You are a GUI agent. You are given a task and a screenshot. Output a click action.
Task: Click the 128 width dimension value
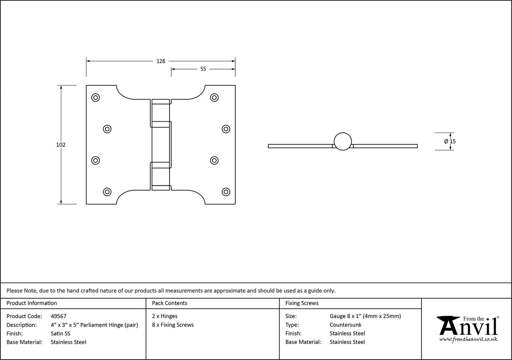(x=161, y=61)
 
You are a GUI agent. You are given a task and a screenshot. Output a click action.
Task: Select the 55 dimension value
(x=203, y=69)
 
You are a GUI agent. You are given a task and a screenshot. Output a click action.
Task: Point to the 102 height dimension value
(x=61, y=145)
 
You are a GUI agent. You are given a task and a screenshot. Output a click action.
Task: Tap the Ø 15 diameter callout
(x=450, y=141)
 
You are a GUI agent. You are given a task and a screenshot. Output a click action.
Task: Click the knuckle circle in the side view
(x=342, y=141)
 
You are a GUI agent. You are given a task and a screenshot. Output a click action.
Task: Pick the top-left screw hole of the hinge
(x=96, y=97)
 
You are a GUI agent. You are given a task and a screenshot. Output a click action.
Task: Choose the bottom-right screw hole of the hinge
(x=226, y=192)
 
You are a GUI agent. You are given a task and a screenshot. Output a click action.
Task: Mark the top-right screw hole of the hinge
(x=215, y=97)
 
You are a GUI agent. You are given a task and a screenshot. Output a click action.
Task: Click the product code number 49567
(x=58, y=316)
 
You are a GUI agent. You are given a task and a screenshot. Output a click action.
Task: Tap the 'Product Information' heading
(x=32, y=303)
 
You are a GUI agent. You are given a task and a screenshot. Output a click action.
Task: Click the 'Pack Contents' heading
(x=170, y=303)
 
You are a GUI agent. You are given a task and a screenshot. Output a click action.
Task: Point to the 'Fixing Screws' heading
(x=302, y=303)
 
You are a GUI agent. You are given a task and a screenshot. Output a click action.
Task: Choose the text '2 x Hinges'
(x=164, y=316)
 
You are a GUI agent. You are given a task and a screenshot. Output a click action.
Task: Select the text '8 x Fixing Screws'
(x=173, y=325)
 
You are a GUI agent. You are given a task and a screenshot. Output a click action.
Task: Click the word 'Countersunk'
(x=345, y=325)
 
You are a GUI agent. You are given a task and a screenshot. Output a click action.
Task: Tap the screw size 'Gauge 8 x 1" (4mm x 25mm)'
(x=365, y=316)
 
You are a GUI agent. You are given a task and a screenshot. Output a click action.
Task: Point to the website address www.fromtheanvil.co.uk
(x=468, y=339)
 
